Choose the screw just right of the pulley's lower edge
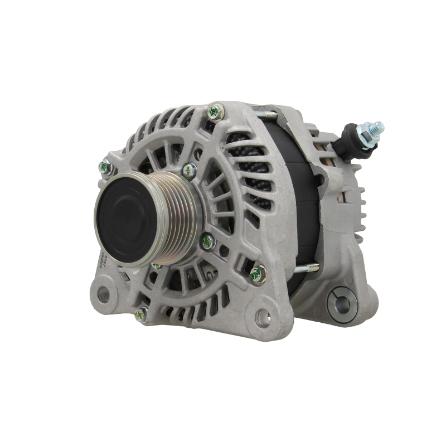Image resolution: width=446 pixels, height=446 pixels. [205, 240]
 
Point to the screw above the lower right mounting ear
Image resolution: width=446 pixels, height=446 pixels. [256, 273]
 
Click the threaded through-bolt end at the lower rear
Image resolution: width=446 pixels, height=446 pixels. [310, 267]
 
